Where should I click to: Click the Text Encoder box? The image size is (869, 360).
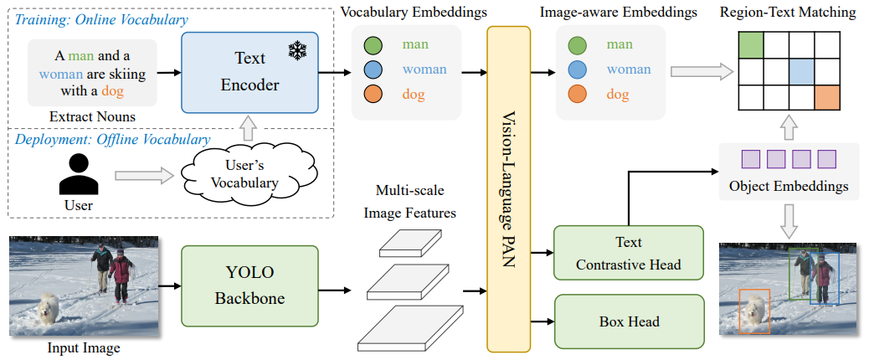pos(249,73)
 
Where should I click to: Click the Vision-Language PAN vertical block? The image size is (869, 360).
pos(509,188)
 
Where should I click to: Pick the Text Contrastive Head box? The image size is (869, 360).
pos(629,253)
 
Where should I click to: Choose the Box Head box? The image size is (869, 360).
pos(629,321)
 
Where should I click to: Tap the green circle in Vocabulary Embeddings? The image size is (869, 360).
pos(373,45)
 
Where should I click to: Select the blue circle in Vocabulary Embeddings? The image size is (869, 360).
pos(373,70)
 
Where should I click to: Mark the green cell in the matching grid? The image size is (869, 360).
pos(750,45)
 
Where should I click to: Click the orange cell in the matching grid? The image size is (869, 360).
pos(827,97)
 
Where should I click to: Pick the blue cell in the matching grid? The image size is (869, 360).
pos(802,71)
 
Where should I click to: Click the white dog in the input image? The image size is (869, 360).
pos(46,311)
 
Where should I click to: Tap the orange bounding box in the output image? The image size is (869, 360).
pos(755,311)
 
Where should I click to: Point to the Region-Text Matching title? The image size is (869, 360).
pos(791,12)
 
